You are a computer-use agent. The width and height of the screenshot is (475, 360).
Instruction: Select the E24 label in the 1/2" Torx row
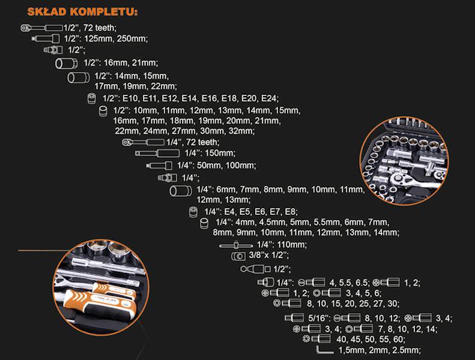[x=269, y=98]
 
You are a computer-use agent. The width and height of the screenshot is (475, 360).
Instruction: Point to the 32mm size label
[x=244, y=131]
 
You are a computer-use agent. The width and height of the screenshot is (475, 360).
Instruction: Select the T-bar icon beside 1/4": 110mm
[x=236, y=245]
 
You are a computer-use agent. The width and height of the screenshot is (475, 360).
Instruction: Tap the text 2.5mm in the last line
[x=407, y=350]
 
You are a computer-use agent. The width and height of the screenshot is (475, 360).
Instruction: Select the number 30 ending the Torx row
[x=393, y=304]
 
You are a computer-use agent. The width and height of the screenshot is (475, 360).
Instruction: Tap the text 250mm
[x=133, y=38]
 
